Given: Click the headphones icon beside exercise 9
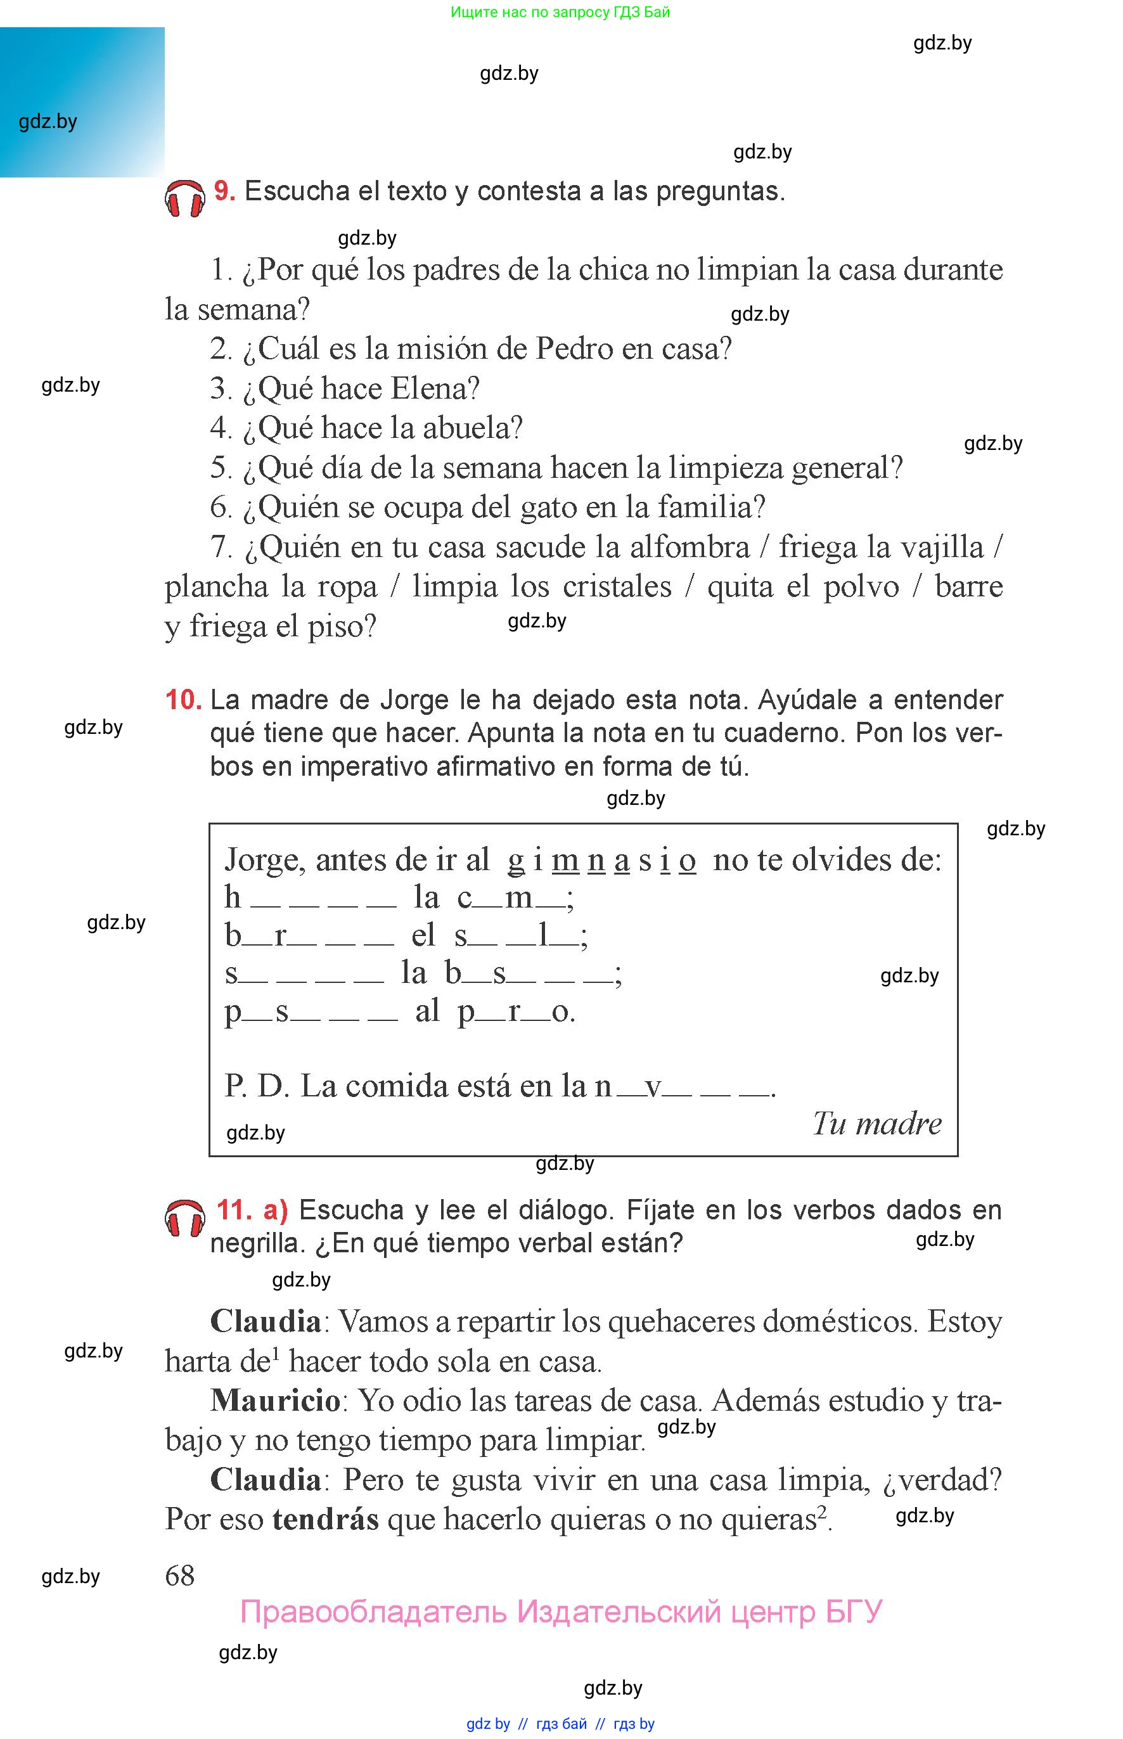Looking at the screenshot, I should pos(184,198).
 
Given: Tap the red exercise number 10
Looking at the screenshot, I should pos(183,700).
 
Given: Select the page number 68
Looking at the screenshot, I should pos(180,1575).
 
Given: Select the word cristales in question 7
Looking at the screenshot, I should pos(616,587).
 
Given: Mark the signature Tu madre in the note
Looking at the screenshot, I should pos(876,1124).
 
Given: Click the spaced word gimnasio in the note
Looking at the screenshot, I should pos(601,861).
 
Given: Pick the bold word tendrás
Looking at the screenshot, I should pos(325,1520).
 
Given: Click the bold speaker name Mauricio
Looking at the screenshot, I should pos(276,1401).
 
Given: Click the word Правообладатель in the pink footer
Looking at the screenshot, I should pos(373,1612).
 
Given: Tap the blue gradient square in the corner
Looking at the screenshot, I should pos(82,102).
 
